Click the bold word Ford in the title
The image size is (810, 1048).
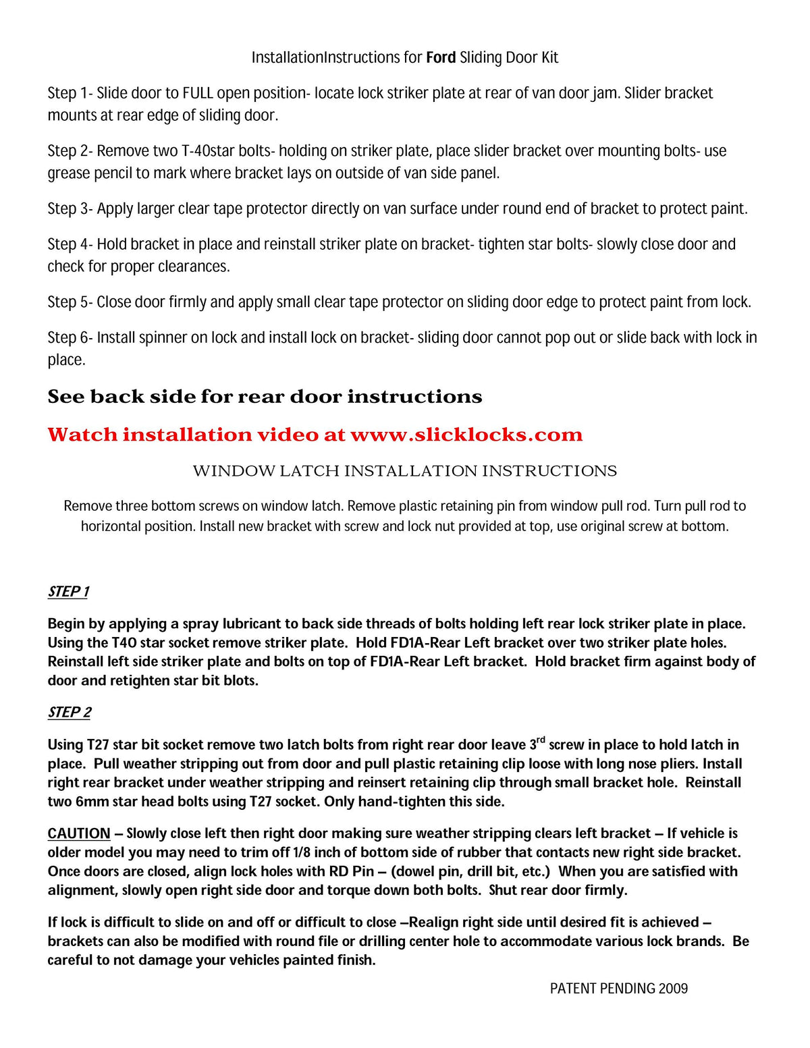pos(441,57)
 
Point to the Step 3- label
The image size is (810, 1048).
pos(70,209)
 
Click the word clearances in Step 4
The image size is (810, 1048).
pos(194,267)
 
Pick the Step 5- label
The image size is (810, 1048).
pos(70,302)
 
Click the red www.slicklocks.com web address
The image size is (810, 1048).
pos(466,435)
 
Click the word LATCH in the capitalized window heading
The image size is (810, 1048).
pos(310,471)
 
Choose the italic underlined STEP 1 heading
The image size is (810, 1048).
pos(68,592)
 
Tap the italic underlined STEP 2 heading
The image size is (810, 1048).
pos(69,713)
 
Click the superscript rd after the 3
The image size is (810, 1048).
pos(541,740)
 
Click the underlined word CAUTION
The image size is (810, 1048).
pos(79,834)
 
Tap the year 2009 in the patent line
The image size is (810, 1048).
pos(673,989)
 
